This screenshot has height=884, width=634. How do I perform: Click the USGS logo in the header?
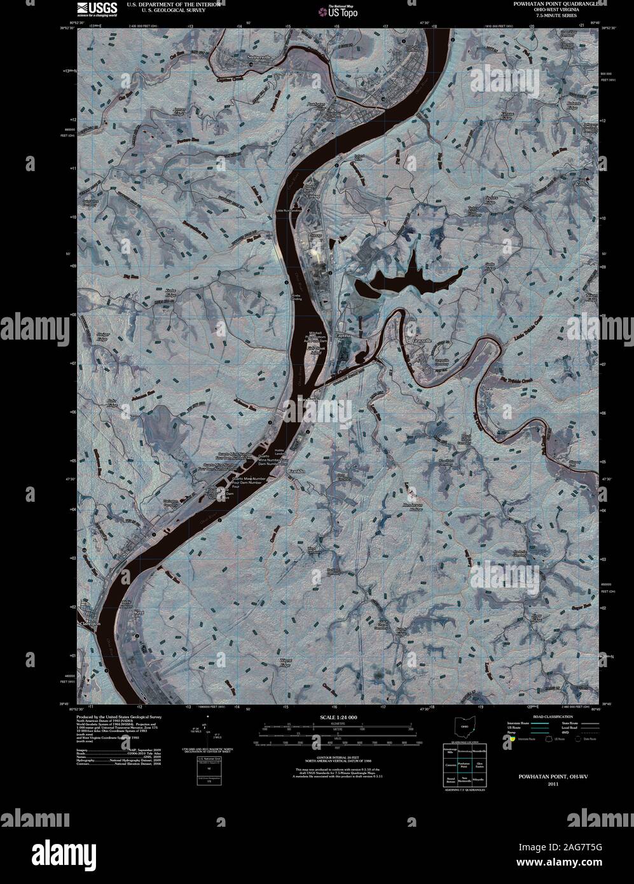97,8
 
